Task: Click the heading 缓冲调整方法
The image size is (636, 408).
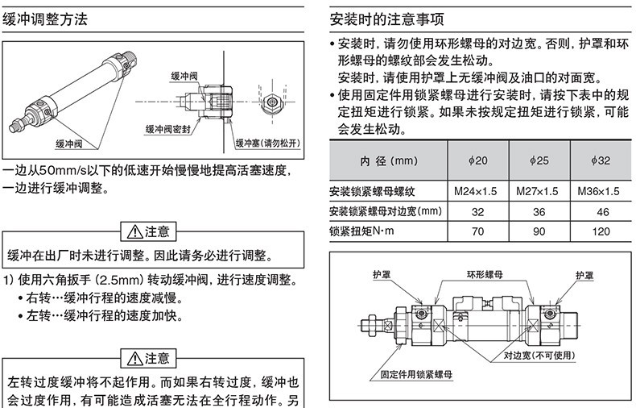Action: click(45, 19)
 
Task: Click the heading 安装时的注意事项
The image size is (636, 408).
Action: click(387, 19)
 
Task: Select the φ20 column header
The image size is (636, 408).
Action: click(478, 160)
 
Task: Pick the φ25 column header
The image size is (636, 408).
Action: click(539, 160)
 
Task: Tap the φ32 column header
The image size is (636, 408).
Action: click(601, 160)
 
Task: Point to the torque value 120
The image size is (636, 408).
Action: click(601, 231)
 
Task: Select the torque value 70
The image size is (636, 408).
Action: click(478, 231)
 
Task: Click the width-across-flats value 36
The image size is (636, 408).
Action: click(539, 212)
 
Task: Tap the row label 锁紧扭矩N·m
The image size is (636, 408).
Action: click(361, 231)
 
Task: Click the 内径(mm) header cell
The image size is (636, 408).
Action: click(389, 161)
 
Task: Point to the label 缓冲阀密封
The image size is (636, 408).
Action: click(168, 130)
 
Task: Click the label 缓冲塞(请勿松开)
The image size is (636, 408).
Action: click(268, 143)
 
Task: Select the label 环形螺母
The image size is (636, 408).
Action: click(485, 275)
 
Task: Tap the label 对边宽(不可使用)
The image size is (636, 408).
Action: click(539, 355)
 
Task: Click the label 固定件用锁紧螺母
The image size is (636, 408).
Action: click(416, 374)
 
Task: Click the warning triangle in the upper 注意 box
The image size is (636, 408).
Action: click(134, 232)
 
